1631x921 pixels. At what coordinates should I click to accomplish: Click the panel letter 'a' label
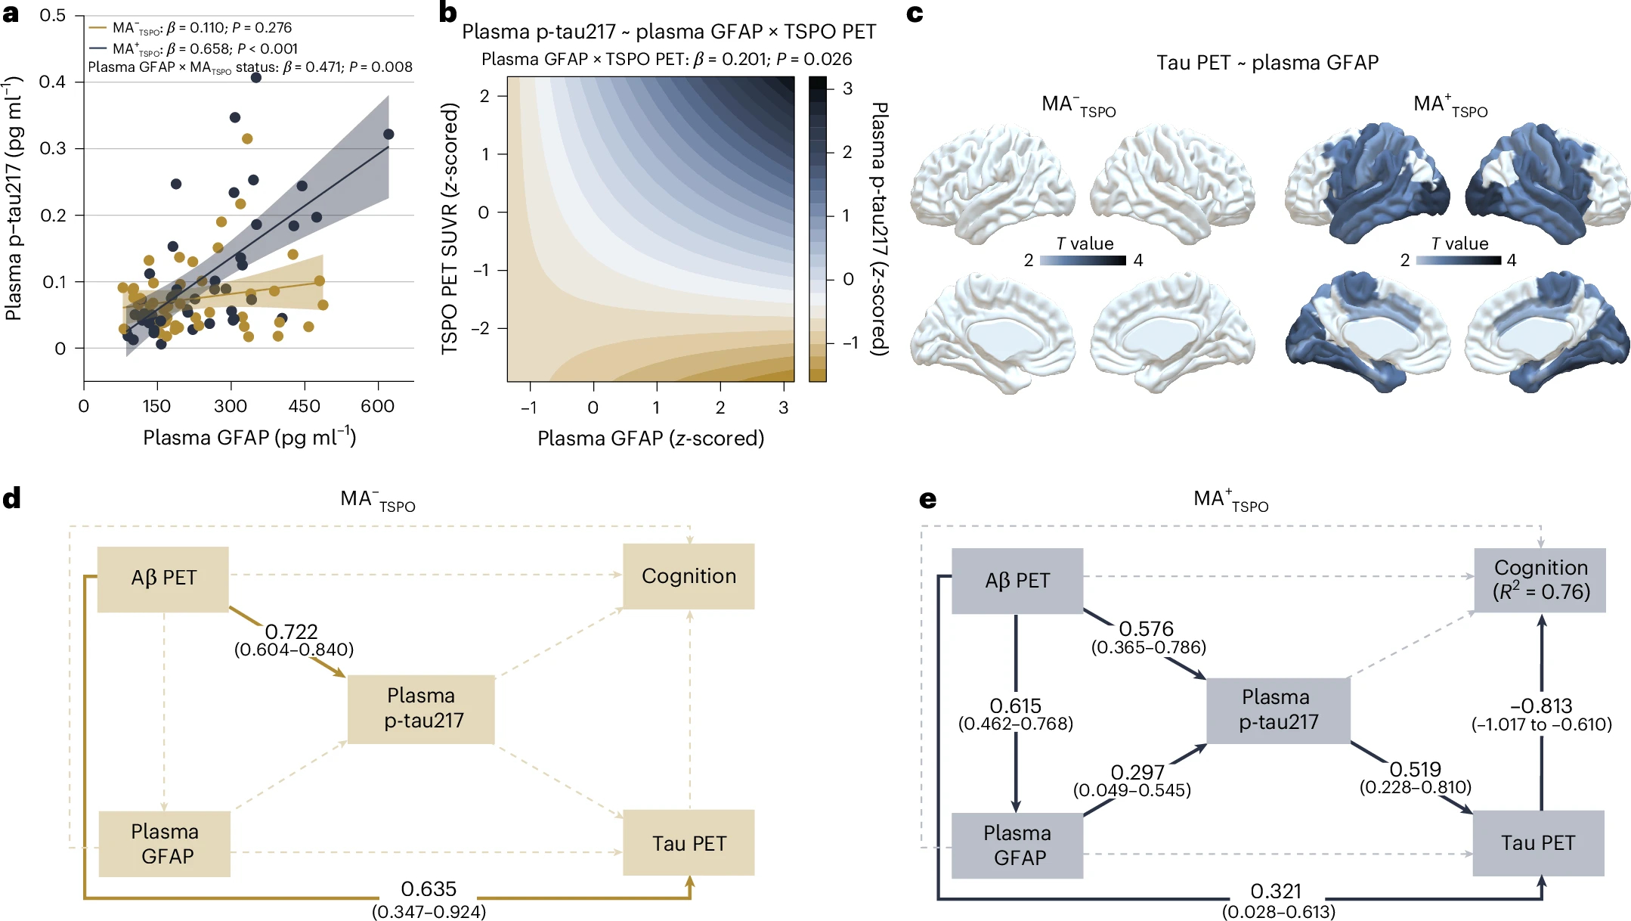coord(11,14)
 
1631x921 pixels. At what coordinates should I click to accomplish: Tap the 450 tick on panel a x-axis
coord(304,407)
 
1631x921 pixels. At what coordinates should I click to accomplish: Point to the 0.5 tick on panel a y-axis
coord(52,16)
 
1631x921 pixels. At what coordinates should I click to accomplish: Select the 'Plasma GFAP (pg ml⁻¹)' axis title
coord(249,437)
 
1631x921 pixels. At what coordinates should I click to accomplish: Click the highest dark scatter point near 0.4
coord(256,78)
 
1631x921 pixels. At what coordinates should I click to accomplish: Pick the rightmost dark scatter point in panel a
coord(388,135)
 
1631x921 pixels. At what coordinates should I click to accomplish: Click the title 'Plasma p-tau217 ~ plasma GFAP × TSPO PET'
coord(669,32)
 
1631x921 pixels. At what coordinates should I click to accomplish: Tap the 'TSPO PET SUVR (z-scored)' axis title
coord(450,228)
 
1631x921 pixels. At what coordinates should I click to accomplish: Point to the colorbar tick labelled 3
coord(848,88)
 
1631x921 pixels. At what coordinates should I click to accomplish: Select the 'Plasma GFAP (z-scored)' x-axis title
coord(651,439)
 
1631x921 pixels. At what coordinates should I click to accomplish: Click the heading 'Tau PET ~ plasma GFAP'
coord(1267,63)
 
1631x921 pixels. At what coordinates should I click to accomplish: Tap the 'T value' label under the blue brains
coord(1459,243)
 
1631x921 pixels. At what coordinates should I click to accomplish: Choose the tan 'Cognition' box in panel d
coord(689,576)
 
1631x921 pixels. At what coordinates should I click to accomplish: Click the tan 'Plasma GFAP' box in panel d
coord(165,844)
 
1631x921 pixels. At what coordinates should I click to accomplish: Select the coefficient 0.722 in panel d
coord(291,631)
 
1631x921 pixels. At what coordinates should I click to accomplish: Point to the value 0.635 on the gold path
coord(429,889)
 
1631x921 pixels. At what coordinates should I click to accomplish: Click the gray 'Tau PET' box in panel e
coord(1538,843)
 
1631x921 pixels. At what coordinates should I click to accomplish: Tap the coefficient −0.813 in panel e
coord(1541,706)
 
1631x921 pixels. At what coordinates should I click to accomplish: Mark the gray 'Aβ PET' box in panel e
coord(1017,581)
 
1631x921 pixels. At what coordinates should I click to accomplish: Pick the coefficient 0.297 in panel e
coord(1137,773)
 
